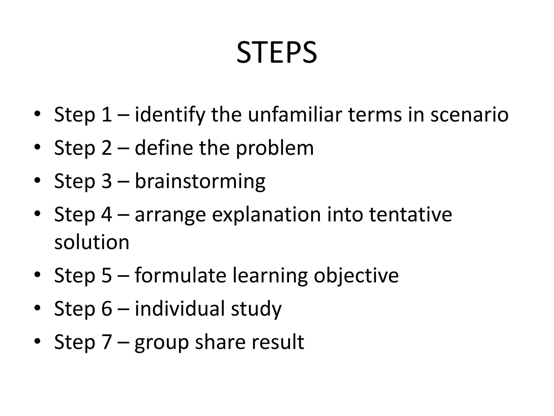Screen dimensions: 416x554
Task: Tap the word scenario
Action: point(469,114)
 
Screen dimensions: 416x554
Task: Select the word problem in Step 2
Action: point(275,148)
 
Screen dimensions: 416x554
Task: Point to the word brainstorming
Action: point(200,181)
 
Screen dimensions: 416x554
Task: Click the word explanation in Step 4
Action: point(266,214)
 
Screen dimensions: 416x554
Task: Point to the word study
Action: point(256,309)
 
